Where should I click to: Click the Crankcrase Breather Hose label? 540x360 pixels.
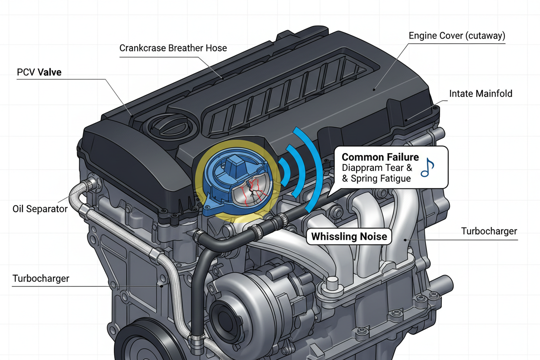coord(173,48)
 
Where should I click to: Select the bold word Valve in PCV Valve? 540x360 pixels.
coord(50,72)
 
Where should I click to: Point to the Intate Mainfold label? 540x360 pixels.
coord(480,93)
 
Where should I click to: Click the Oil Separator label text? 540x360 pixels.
coord(40,209)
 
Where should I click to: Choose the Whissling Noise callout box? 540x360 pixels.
coord(349,237)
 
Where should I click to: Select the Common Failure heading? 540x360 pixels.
coord(380,157)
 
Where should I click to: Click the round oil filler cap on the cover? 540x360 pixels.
coord(161,127)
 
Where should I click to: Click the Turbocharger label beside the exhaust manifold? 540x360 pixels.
coord(489,231)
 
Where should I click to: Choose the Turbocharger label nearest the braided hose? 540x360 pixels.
coord(41,278)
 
